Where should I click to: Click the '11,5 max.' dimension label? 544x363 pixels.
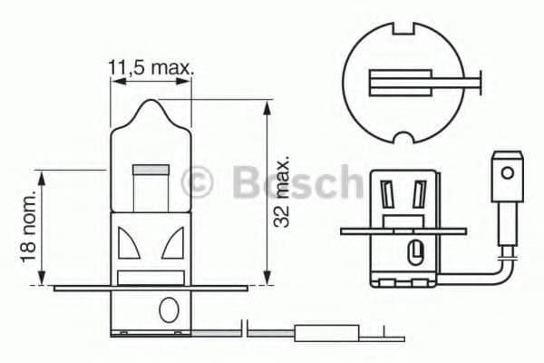pyautogui.click(x=151, y=67)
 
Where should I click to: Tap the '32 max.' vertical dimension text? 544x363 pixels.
pyautogui.click(x=284, y=191)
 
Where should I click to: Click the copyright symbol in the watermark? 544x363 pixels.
pyautogui.click(x=197, y=181)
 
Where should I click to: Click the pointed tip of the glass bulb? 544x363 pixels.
pyautogui.click(x=152, y=103)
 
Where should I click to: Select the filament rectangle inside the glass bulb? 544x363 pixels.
pyautogui.click(x=151, y=170)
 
